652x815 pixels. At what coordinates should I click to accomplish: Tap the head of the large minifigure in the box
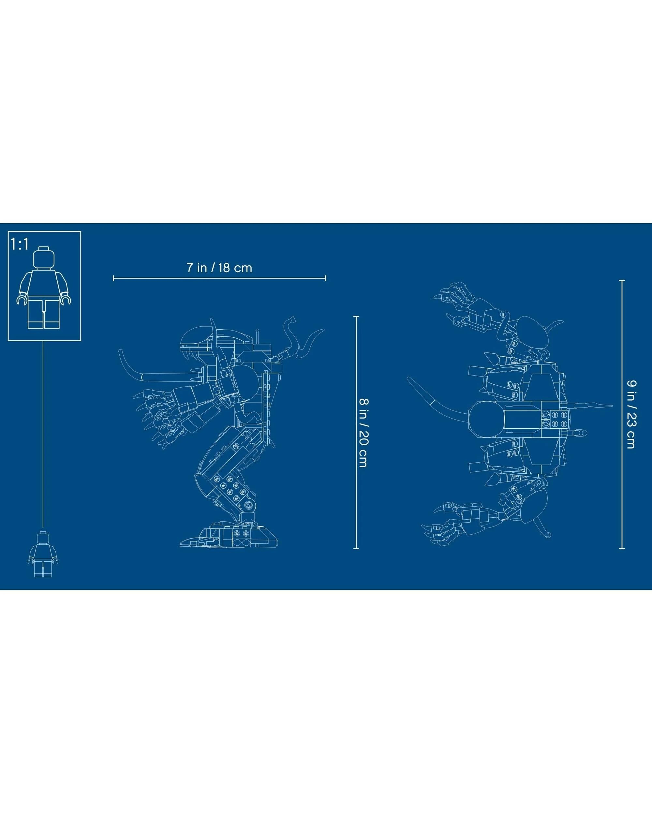pyautogui.click(x=43, y=258)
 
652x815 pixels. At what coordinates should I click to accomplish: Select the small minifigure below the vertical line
pyautogui.click(x=43, y=554)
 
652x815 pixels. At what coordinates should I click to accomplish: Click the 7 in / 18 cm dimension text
pyautogui.click(x=219, y=268)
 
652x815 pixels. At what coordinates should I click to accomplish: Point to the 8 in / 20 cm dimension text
pyautogui.click(x=363, y=433)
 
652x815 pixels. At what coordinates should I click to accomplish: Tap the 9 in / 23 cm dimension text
pyautogui.click(x=630, y=414)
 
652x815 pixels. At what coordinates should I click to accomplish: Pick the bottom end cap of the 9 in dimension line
pyautogui.click(x=622, y=548)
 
